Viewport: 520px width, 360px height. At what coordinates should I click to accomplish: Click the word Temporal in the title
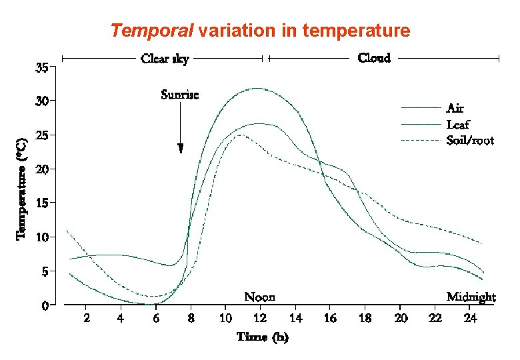coord(152,31)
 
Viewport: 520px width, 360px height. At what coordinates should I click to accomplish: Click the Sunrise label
coord(179,95)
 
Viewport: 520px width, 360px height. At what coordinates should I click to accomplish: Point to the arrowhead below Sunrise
coord(180,149)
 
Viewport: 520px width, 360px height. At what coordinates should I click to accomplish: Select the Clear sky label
coord(165,59)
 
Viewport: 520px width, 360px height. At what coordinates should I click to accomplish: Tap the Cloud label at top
coord(374,58)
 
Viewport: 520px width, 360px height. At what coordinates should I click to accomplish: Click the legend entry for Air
coord(455,108)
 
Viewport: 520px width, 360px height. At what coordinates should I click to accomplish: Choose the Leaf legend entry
coord(457,124)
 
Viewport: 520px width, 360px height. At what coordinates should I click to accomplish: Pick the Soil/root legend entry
coord(470,141)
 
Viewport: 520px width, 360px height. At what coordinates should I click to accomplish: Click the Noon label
coord(259,297)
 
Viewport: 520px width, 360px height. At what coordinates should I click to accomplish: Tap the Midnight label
coord(471,297)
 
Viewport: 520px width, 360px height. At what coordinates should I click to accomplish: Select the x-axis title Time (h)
coord(263,337)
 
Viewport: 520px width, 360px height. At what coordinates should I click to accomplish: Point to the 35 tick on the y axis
coord(41,67)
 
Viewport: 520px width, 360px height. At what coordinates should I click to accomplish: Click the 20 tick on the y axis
coord(41,169)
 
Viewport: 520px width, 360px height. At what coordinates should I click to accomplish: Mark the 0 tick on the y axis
coord(45,305)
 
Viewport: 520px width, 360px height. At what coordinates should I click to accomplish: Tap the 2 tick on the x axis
coord(87,319)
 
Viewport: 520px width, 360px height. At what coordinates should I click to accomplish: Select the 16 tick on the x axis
coord(330,319)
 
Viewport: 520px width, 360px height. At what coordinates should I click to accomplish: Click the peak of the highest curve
coord(257,88)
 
